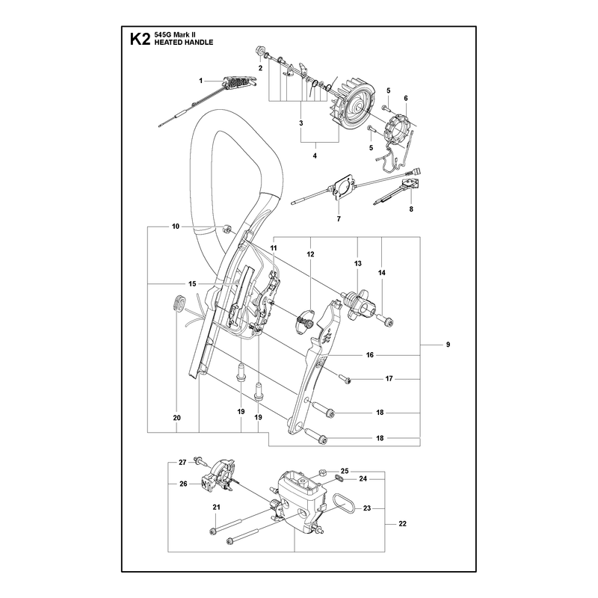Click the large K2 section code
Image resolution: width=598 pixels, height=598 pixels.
[x=140, y=40]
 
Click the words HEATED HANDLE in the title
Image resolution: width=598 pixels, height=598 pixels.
[x=183, y=43]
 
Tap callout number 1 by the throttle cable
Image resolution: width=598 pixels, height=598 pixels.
[x=200, y=81]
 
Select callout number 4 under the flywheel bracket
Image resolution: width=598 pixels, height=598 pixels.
[x=315, y=155]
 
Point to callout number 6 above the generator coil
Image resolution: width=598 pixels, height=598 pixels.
[x=406, y=98]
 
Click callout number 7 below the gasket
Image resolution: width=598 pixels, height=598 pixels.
[x=339, y=218]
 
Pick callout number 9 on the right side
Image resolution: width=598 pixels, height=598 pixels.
[x=448, y=345]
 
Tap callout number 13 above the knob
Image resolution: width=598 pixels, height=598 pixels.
[x=358, y=264]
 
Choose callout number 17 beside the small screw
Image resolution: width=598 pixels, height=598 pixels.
[x=389, y=379]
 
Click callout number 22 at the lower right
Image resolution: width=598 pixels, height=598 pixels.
[x=402, y=524]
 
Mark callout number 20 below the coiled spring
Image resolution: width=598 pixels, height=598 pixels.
[x=176, y=418]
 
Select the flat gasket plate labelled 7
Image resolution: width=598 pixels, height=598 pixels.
[x=339, y=190]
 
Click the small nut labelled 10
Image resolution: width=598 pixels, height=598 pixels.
[x=226, y=229]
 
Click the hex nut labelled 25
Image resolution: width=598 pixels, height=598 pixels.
[x=321, y=472]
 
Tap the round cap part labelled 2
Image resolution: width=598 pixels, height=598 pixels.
[x=261, y=50]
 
